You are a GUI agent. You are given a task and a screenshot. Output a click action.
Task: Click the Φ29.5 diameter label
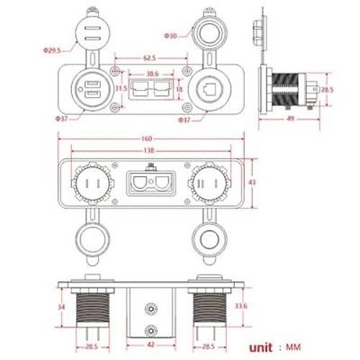[50, 51]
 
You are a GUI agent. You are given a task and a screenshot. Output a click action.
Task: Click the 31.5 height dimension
[120, 88]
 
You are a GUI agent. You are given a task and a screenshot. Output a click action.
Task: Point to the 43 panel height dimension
[252, 184]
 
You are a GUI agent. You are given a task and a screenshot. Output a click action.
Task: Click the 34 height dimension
[63, 307]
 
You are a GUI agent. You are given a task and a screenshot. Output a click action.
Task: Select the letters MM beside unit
[294, 347]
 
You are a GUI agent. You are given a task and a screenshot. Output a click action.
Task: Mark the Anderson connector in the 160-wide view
[150, 183]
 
